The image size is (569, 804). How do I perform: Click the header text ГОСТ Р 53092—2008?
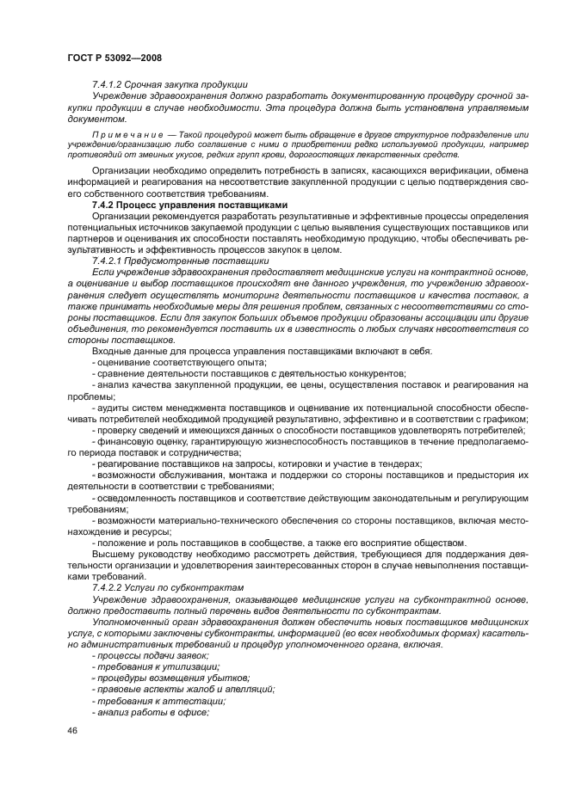[x=114, y=58]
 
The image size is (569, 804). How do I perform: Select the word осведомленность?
[x=138, y=497]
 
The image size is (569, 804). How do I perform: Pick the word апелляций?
[x=249, y=689]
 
